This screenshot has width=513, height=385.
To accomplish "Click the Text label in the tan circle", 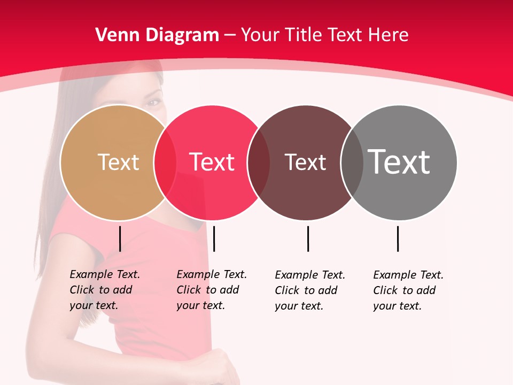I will pyautogui.click(x=118, y=162).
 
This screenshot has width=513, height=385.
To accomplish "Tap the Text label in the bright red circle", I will pyautogui.click(x=212, y=162).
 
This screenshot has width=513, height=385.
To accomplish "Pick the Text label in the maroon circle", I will pyautogui.click(x=305, y=162).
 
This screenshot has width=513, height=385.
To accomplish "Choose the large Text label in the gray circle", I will pyautogui.click(x=399, y=162).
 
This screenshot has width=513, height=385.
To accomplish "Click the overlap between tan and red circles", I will pyautogui.click(x=165, y=162).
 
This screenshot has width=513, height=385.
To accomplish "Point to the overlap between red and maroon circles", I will pyautogui.click(x=259, y=162).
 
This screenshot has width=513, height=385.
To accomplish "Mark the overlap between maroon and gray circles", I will pyautogui.click(x=352, y=162).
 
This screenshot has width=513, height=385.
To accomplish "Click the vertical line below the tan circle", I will pyautogui.click(x=120, y=238).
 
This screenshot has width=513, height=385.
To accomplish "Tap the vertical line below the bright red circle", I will pyautogui.click(x=214, y=238).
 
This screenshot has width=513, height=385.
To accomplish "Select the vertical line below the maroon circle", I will pyautogui.click(x=308, y=238).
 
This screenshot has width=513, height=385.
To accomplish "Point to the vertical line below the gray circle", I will pyautogui.click(x=398, y=238).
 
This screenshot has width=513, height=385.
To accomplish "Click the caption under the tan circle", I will pyautogui.click(x=105, y=290).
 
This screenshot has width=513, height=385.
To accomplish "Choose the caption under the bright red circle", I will pyautogui.click(x=212, y=290).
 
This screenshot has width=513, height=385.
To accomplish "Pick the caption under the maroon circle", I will pyautogui.click(x=310, y=290).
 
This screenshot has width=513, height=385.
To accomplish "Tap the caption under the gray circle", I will pyautogui.click(x=408, y=290).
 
